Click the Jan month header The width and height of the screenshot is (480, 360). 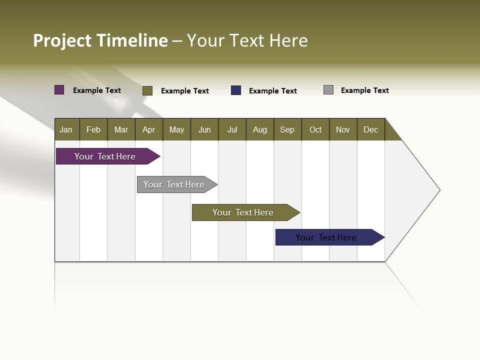click(66, 129)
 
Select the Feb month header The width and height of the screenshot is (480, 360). click(93, 129)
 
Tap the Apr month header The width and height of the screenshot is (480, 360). click(149, 129)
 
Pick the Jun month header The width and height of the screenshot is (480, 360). click(204, 129)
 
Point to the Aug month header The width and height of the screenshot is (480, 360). click(260, 129)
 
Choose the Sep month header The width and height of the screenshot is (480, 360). click(287, 129)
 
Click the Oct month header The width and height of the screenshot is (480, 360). click(315, 129)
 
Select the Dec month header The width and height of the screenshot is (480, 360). click(371, 129)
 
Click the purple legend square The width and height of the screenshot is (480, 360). click(59, 90)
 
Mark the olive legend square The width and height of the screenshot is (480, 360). click(147, 90)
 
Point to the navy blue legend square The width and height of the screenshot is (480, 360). click(236, 90)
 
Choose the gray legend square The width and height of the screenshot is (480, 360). click(328, 90)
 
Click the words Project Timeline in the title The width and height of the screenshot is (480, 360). click(100, 40)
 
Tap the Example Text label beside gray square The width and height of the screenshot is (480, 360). click(364, 90)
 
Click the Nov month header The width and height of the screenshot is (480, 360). click(343, 129)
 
